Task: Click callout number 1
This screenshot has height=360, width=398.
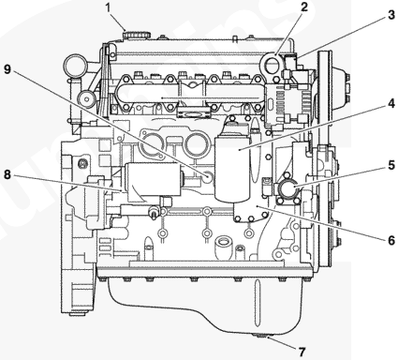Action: [108, 8]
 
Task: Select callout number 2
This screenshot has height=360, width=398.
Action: [304, 7]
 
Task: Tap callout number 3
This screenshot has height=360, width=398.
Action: [391, 15]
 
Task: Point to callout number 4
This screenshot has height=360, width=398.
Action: [391, 104]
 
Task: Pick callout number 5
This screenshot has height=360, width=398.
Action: [391, 165]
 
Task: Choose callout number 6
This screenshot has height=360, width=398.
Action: [391, 240]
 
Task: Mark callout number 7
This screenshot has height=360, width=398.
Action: [302, 352]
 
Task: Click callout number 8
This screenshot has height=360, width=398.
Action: [7, 174]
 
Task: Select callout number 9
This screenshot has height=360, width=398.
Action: [7, 69]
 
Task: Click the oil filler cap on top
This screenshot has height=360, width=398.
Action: [137, 35]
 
